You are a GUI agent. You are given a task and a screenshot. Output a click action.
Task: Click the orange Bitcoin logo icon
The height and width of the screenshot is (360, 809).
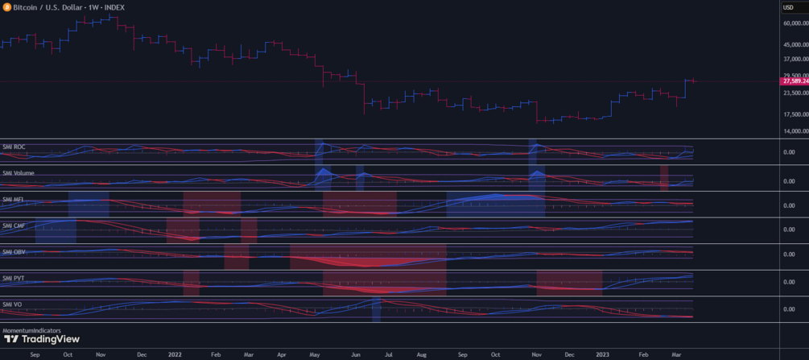click(x=6, y=7)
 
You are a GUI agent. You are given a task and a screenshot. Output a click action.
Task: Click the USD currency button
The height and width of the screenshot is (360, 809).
click(x=789, y=7)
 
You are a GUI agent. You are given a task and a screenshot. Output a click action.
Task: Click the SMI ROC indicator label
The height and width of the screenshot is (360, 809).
click(x=14, y=147)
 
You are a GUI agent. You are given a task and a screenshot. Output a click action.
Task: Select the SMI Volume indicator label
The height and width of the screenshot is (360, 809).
click(x=18, y=173)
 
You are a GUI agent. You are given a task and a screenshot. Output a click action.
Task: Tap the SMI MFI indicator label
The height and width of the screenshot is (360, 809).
click(x=14, y=199)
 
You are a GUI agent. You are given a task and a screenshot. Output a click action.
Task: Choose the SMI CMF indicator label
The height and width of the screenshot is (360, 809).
click(x=14, y=226)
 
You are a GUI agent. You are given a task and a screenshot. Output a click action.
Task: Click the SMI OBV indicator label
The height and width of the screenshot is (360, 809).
click(x=14, y=252)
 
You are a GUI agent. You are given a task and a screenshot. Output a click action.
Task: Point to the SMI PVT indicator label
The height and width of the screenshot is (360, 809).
click(x=14, y=278)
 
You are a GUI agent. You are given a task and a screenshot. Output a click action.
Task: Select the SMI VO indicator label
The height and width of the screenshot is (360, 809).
click(x=13, y=304)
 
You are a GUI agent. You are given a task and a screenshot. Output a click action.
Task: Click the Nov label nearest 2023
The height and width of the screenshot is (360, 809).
click(x=535, y=353)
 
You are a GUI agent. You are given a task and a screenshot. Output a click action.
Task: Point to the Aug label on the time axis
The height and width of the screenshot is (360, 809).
click(x=422, y=353)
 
